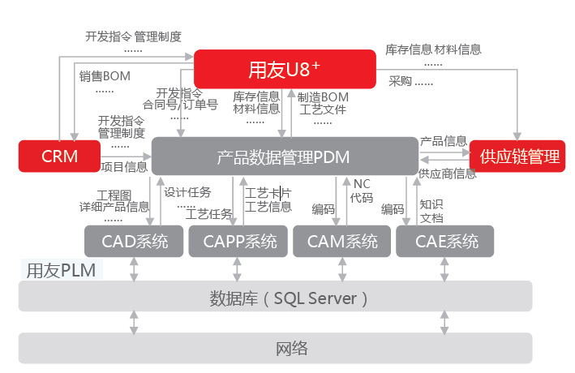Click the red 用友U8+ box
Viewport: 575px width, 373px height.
(x=284, y=68)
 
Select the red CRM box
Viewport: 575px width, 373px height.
(x=60, y=156)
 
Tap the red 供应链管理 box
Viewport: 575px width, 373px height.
(x=519, y=156)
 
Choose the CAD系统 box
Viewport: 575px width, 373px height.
(x=135, y=241)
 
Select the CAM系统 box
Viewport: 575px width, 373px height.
(x=341, y=241)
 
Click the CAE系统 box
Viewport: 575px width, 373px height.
(x=446, y=241)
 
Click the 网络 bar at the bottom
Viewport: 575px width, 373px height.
(x=276, y=349)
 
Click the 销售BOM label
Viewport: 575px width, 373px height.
(x=105, y=77)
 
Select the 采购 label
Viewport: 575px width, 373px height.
(x=401, y=81)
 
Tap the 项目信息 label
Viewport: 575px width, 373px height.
(x=124, y=167)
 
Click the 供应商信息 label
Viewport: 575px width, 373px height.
(x=447, y=174)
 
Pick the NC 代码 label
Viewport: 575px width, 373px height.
(x=362, y=191)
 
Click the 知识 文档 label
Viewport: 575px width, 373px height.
(x=431, y=211)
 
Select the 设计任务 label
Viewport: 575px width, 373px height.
(x=187, y=192)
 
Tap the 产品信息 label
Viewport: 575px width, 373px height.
(x=444, y=141)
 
